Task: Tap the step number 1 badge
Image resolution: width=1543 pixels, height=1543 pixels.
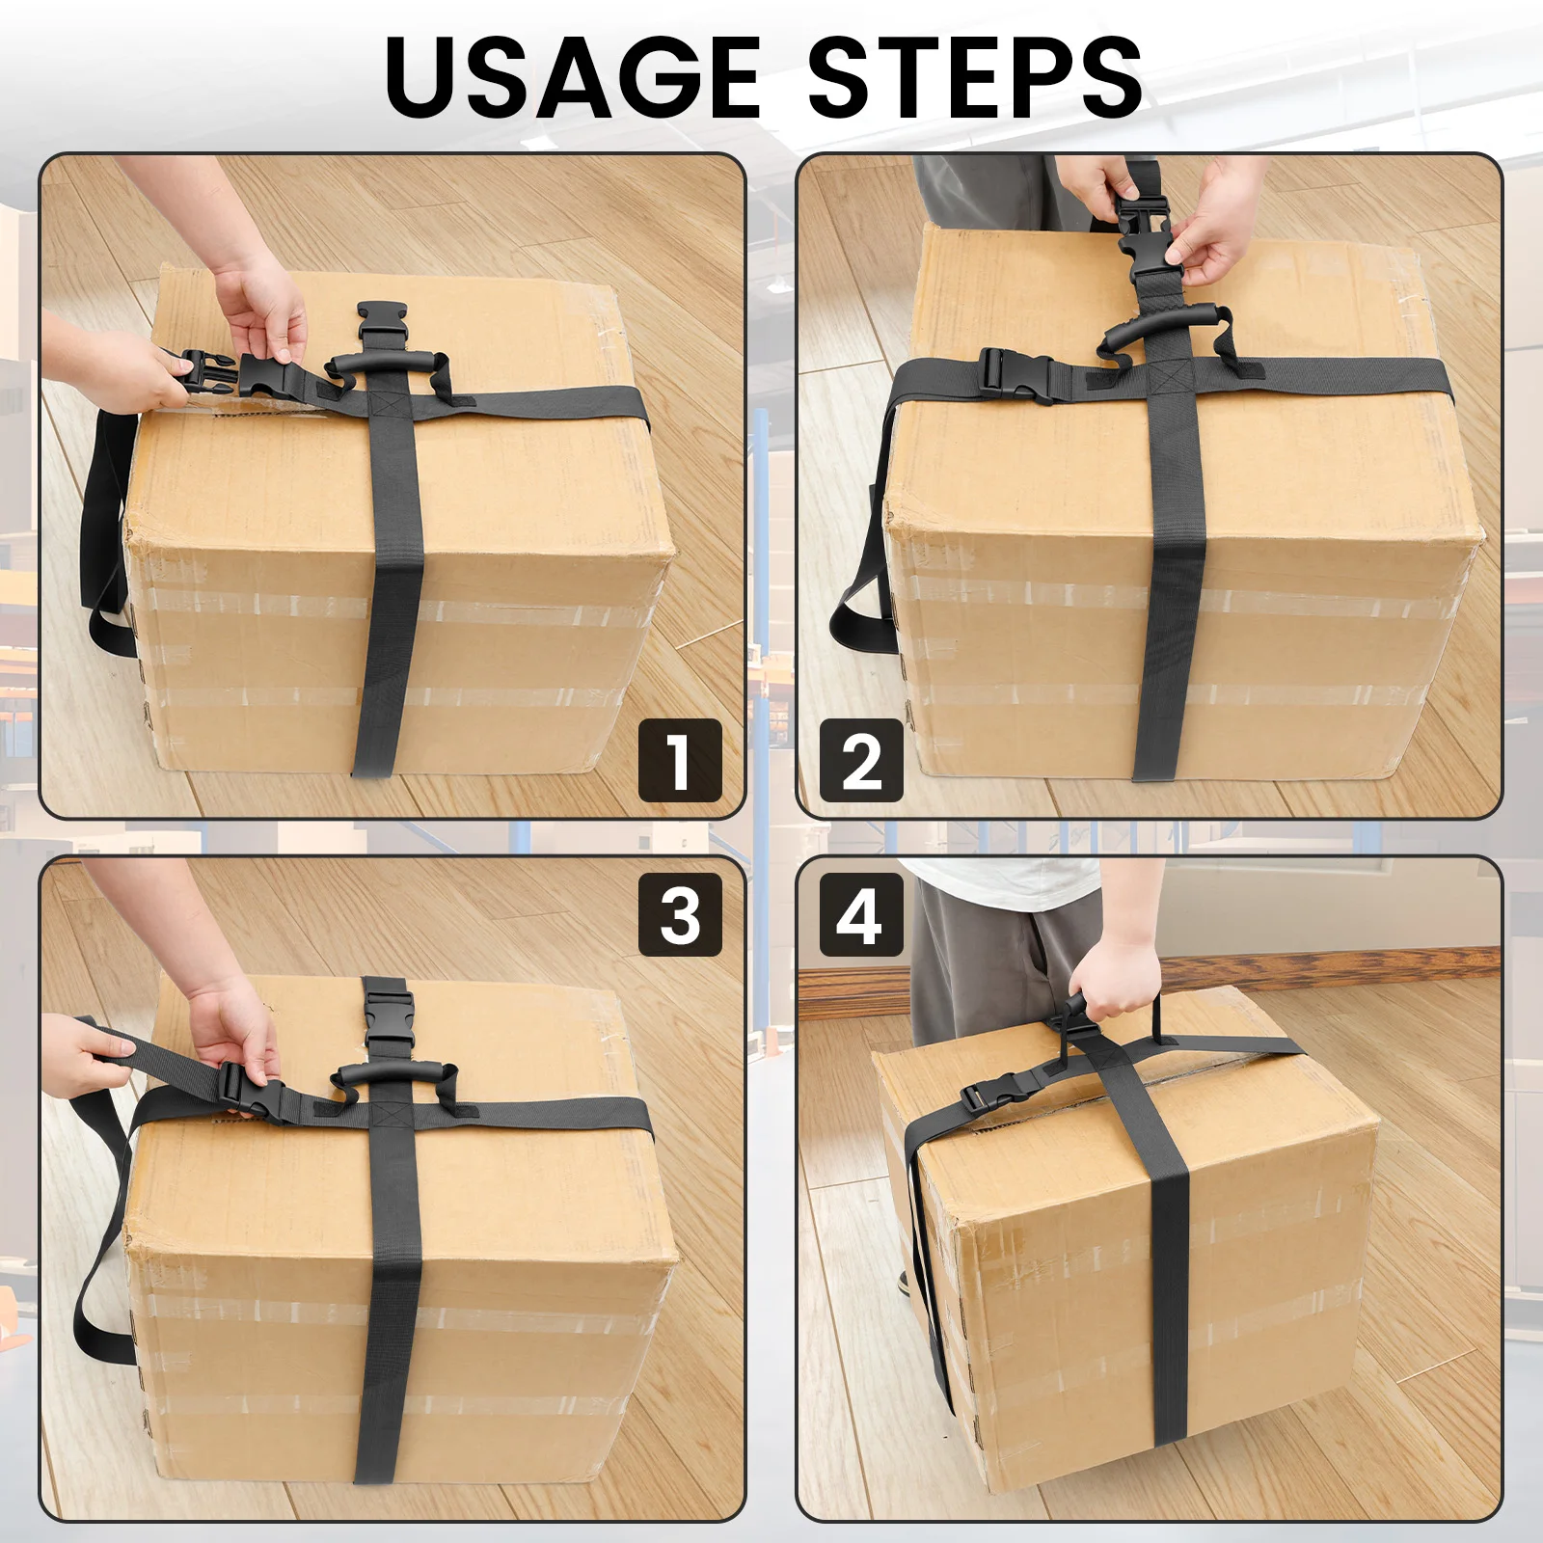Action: pyautogui.click(x=680, y=760)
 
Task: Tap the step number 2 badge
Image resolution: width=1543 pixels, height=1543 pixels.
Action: pyautogui.click(x=860, y=760)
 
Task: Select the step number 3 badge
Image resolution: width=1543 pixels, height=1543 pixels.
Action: pyautogui.click(x=680, y=914)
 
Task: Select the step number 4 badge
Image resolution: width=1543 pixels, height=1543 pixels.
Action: pyautogui.click(x=860, y=914)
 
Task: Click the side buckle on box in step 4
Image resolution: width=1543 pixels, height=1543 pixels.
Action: pyautogui.click(x=993, y=1096)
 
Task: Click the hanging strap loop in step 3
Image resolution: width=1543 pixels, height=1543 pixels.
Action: pyautogui.click(x=96, y=1292)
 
